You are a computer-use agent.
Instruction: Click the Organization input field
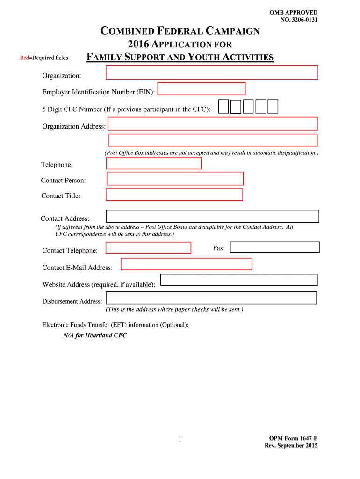coord(212,73)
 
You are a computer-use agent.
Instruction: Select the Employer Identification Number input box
coord(202,89)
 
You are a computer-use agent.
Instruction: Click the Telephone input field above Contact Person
coord(154,163)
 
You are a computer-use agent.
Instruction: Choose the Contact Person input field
coord(175,179)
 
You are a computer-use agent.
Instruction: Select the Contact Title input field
coord(174,195)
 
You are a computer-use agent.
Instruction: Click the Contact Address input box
coord(212,216)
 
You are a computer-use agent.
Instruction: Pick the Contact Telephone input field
coord(149,247)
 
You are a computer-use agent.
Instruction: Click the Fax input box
coord(275,247)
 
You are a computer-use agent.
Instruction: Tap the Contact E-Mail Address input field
coord(186,264)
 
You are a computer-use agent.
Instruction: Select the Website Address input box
coord(239,280)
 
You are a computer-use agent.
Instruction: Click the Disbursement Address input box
coord(211,298)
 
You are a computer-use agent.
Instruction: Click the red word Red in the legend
coord(24,58)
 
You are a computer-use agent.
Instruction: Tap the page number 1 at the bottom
coord(180,439)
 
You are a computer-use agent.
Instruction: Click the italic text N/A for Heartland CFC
coord(95,335)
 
